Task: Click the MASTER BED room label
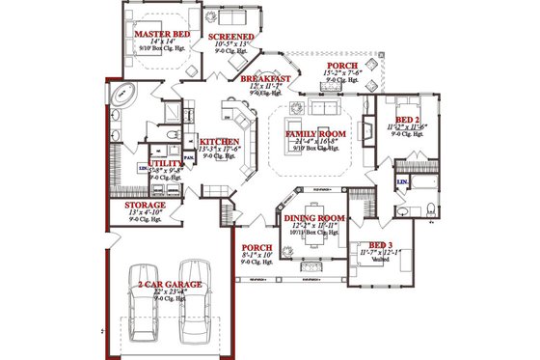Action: click(x=161, y=34)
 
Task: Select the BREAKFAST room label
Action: click(x=266, y=78)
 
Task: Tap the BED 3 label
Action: click(x=382, y=245)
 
